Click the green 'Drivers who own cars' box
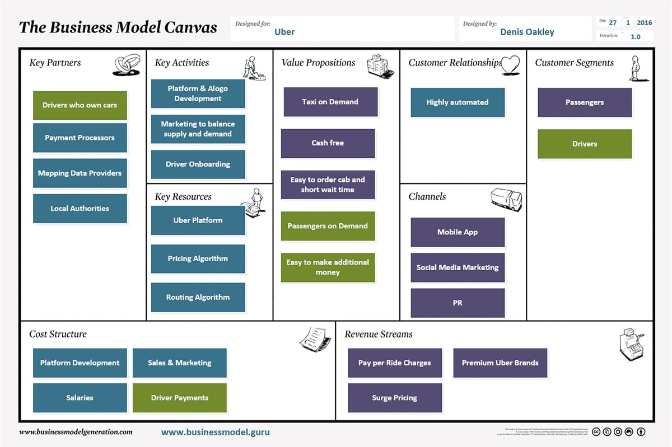80,105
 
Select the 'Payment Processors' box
80,138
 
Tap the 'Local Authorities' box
80,209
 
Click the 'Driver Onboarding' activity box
198,164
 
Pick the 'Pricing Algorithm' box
198,258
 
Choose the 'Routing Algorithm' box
198,297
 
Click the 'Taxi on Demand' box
330,102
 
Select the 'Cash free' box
328,143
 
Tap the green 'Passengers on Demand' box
328,226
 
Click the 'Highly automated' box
458,102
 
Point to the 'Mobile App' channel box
458,232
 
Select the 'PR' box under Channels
458,303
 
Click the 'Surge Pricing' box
395,398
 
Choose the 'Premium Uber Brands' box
500,363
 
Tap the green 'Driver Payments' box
180,398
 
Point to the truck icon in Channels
506,199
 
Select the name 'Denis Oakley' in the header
527,32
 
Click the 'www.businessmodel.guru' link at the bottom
216,432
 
